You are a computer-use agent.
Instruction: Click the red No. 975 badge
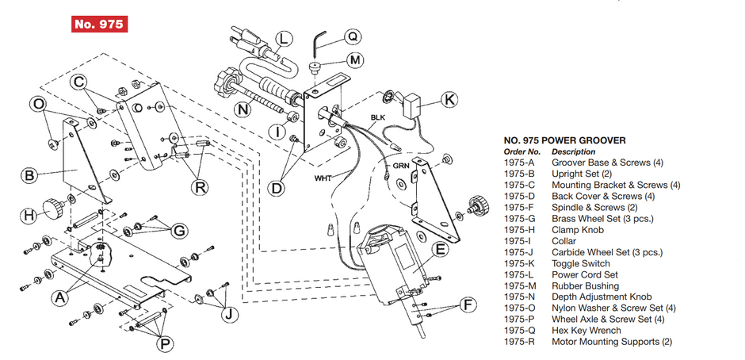click(99, 25)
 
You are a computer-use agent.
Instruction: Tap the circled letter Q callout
click(353, 36)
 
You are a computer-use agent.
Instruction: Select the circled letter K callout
click(449, 100)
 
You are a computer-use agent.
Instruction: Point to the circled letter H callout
click(27, 215)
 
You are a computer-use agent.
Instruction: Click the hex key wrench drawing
click(319, 39)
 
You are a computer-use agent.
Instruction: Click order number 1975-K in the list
click(521, 263)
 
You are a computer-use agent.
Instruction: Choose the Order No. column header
click(521, 151)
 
